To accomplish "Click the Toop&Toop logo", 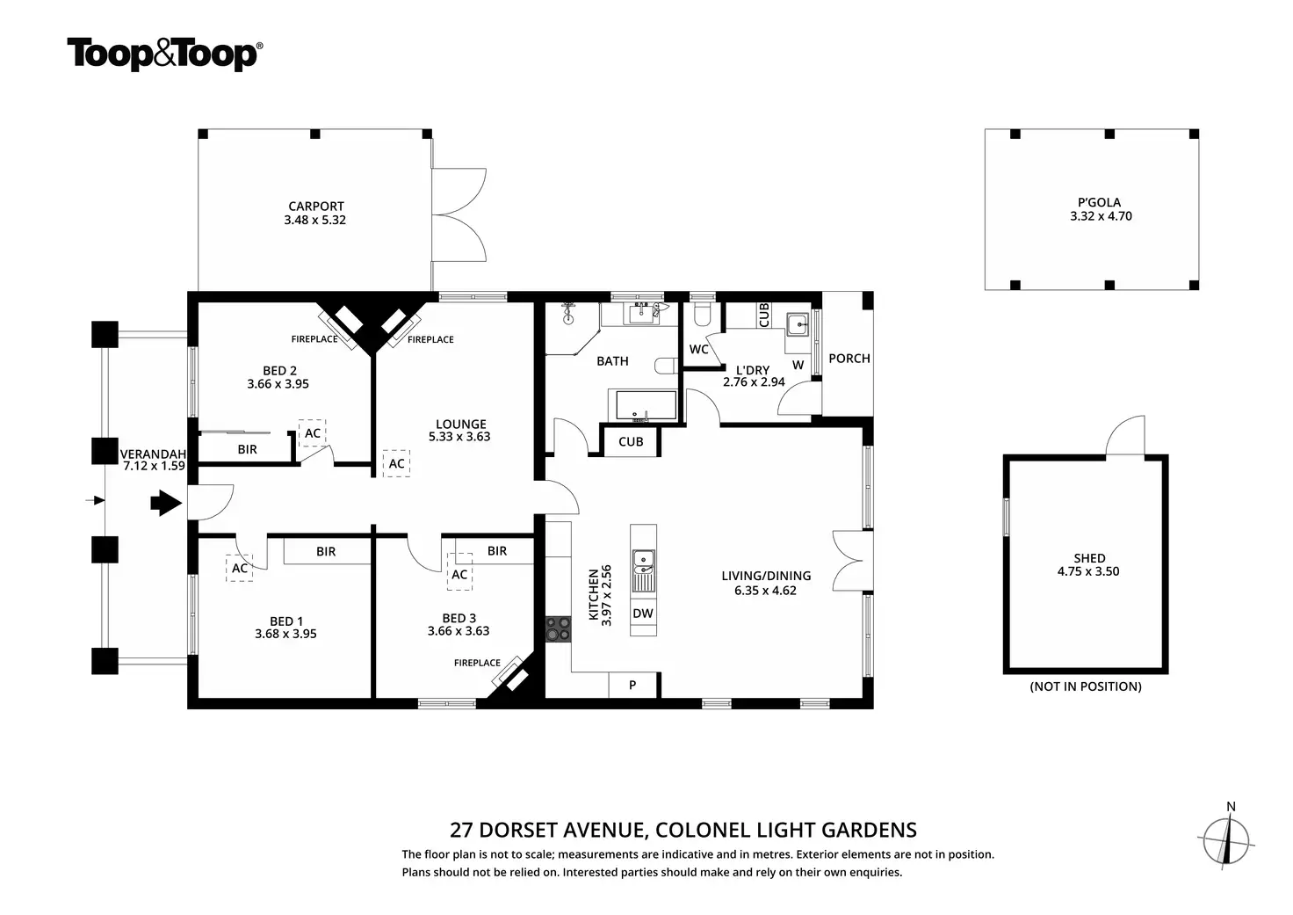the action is tap(165, 54).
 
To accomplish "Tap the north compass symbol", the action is tap(1226, 840).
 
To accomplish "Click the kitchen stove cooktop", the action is tap(558, 629).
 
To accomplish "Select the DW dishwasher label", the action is tap(643, 614).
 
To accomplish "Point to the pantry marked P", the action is tap(633, 685).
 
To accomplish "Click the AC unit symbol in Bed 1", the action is tap(239, 568).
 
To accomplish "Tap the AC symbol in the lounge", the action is tap(396, 463).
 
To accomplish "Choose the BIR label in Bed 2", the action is tap(247, 449).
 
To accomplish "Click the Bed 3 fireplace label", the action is tap(477, 663).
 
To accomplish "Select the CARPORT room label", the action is tap(315, 207).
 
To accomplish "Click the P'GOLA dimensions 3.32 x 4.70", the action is tap(1101, 216).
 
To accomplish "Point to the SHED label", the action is tap(1089, 558).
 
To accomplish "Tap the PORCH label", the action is tap(849, 358).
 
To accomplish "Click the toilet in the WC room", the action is tap(702, 315).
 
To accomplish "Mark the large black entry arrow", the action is tap(166, 503).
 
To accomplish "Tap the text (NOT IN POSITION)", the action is tap(1086, 686).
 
